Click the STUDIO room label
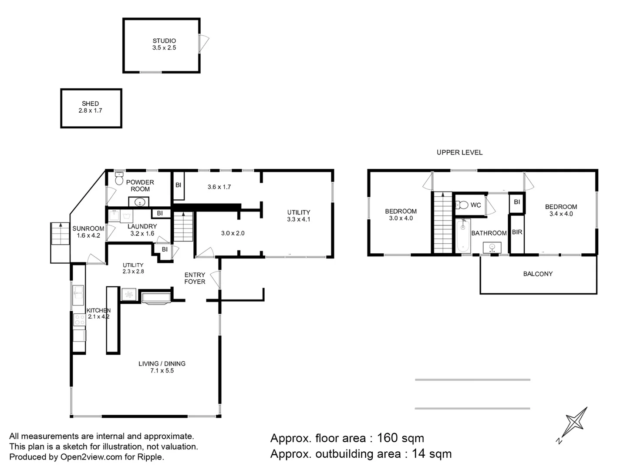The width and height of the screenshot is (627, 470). pyautogui.click(x=164, y=41)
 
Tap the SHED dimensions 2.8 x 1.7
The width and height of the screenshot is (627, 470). pyautogui.click(x=90, y=111)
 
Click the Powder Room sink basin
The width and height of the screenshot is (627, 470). pyautogui.click(x=139, y=202)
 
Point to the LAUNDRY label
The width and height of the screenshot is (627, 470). pyautogui.click(x=142, y=226)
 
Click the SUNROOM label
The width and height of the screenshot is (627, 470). pyautogui.click(x=88, y=228)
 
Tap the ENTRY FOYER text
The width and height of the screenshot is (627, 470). pyautogui.click(x=195, y=278)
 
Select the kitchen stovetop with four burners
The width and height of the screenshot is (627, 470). pyautogui.click(x=79, y=319)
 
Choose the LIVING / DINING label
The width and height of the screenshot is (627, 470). pyautogui.click(x=162, y=363)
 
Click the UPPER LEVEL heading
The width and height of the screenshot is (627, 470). pyautogui.click(x=460, y=152)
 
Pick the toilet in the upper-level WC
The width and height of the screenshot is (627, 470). pyautogui.click(x=462, y=205)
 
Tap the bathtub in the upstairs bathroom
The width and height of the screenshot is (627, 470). pyautogui.click(x=463, y=236)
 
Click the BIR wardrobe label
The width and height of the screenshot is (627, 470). pyautogui.click(x=517, y=232)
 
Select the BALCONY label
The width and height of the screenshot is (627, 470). pyautogui.click(x=538, y=274)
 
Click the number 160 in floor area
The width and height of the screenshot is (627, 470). pyautogui.click(x=388, y=438)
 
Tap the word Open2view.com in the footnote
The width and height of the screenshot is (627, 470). pyautogui.click(x=91, y=457)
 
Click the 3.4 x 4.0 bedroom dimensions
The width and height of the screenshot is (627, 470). pyautogui.click(x=561, y=214)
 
